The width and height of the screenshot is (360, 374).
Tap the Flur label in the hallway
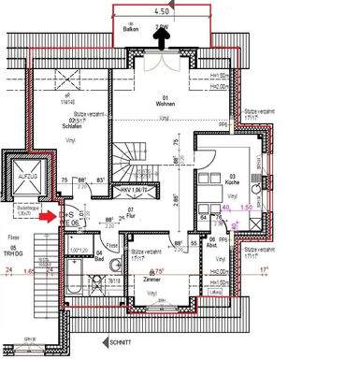[x=130, y=226]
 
